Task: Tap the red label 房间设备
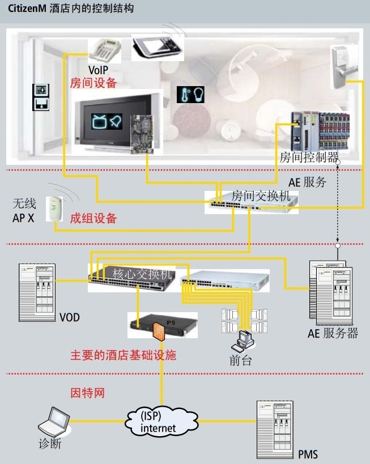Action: pos(93,83)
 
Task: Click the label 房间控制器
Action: pos(309,157)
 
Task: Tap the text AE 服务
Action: pos(308,182)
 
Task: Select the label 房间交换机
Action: pos(260,196)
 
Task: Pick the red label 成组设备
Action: pos(93,218)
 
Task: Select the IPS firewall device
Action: pos(163,325)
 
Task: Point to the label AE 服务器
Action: pos(333,333)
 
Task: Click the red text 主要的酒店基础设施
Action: pos(123,355)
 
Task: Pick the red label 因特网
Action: pos(87,393)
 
